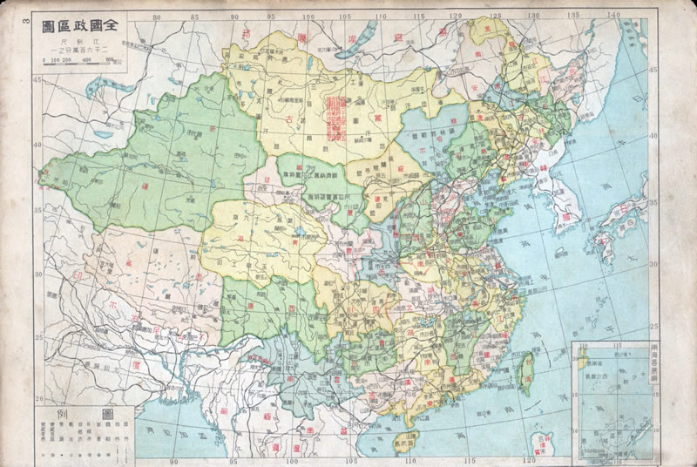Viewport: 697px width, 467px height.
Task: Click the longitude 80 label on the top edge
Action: [x=156, y=16]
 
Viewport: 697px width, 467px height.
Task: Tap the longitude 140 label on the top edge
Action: [x=612, y=15]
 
